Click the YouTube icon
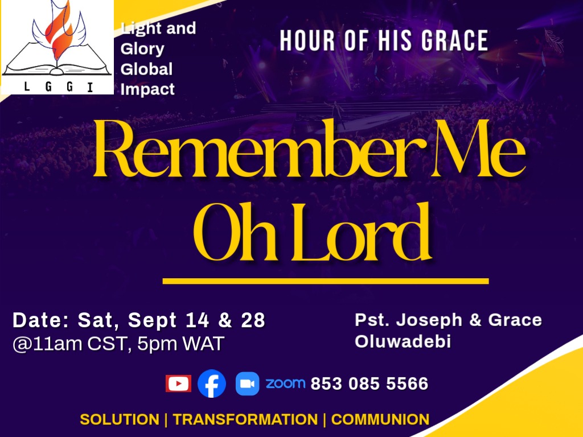(x=178, y=384)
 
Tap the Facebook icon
(x=212, y=384)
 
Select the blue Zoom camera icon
(x=247, y=384)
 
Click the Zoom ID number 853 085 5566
(x=369, y=384)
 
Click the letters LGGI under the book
(x=58, y=87)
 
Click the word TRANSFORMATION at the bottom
(x=245, y=419)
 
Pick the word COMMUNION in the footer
(x=380, y=419)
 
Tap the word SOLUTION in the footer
(x=120, y=419)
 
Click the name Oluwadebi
(x=403, y=341)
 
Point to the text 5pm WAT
(x=180, y=344)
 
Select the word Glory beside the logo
(x=142, y=49)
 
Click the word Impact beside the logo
(x=147, y=89)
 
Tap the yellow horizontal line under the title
(x=326, y=281)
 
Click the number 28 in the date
(x=253, y=320)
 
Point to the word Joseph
(x=429, y=320)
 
